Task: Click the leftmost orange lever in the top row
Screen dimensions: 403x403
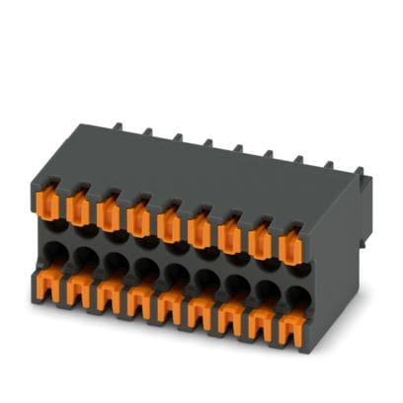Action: pos(49,203)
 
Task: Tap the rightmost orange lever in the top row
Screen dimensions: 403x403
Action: pos(291,244)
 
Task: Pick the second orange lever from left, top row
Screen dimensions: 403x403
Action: pos(79,208)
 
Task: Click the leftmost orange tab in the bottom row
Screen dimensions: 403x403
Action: pos(45,286)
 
